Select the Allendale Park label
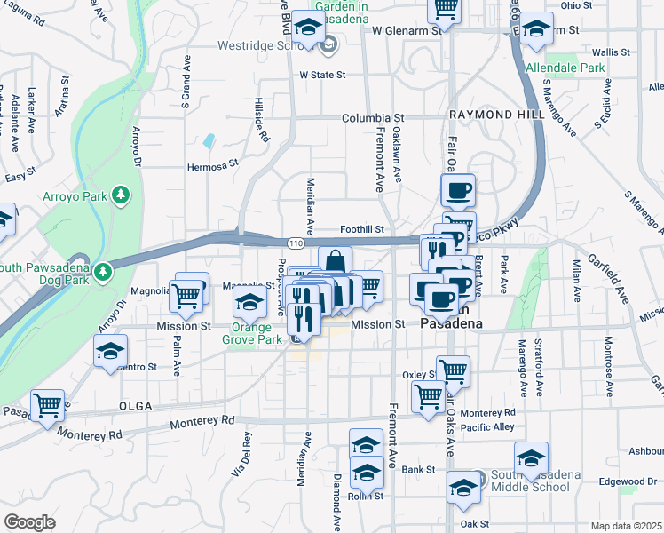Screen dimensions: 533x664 click(x=565, y=68)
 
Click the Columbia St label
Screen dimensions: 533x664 click(x=374, y=117)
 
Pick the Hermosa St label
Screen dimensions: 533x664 click(x=213, y=164)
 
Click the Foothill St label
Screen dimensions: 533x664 click(x=362, y=229)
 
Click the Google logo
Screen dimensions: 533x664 click(x=29, y=521)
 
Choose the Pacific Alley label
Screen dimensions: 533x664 click(x=488, y=428)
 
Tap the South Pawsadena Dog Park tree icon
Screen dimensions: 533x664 click(x=105, y=270)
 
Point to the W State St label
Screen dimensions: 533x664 click(x=322, y=76)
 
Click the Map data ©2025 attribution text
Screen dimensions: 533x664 click(x=626, y=526)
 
